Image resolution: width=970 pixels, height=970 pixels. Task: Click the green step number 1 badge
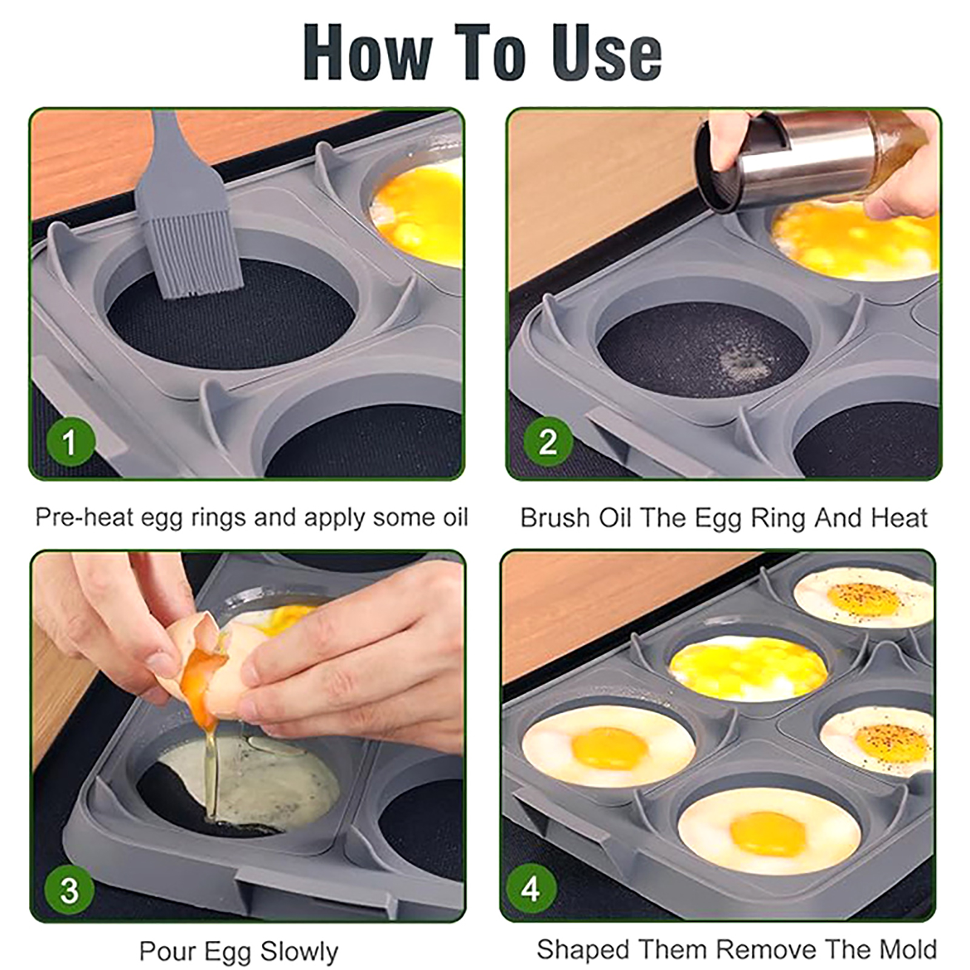pyautogui.click(x=70, y=441)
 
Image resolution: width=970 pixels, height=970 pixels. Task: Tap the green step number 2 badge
pyautogui.click(x=548, y=441)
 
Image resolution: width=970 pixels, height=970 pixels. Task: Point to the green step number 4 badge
pyautogui.click(x=531, y=889)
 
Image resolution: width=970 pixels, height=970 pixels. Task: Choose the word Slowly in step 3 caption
pyautogui.click(x=298, y=951)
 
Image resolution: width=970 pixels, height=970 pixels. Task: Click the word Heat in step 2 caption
pyautogui.click(x=899, y=518)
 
